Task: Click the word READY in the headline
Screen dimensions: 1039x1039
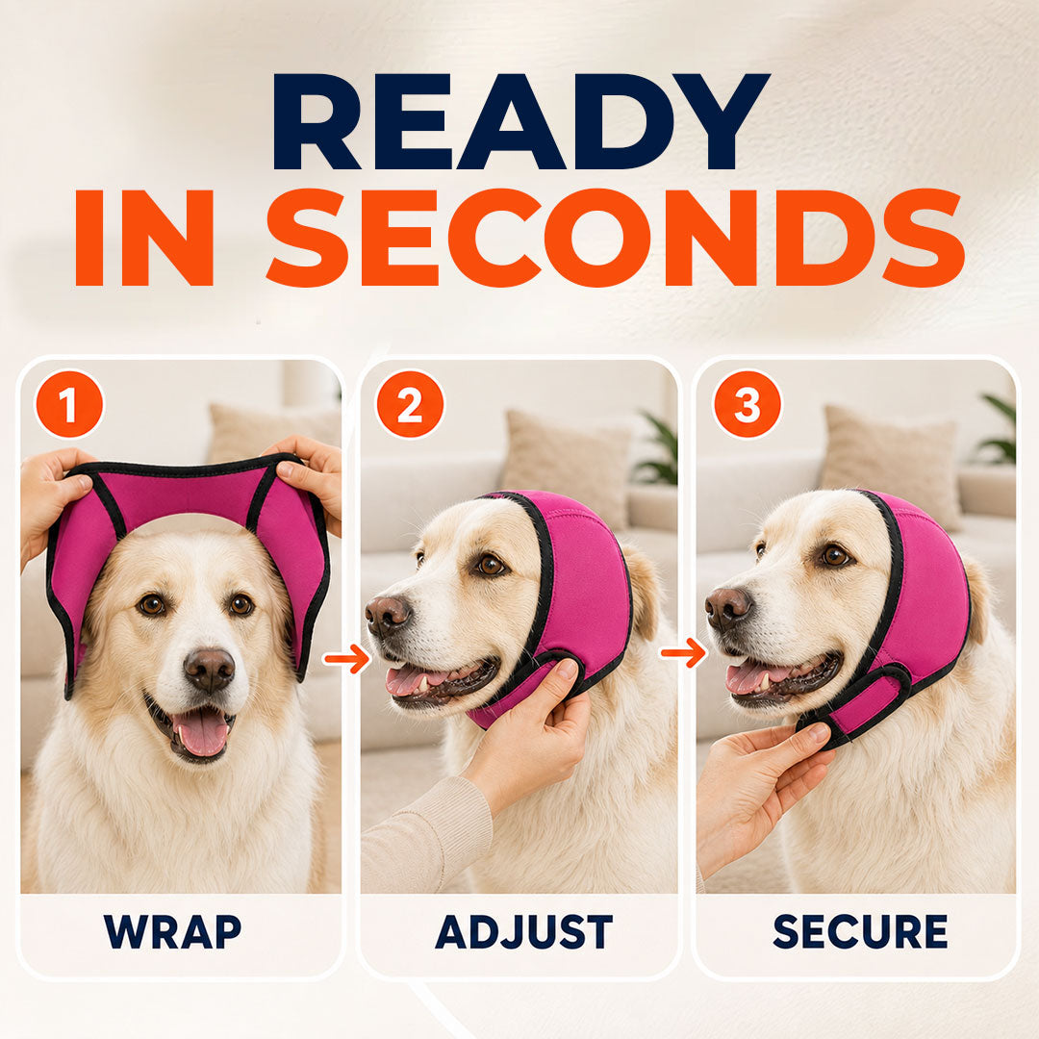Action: tap(520, 121)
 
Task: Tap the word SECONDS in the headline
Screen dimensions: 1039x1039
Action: tap(615, 238)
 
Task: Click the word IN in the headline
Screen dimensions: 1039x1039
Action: tap(144, 238)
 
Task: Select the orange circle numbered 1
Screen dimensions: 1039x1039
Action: tap(69, 403)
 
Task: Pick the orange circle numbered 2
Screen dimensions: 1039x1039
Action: tap(410, 403)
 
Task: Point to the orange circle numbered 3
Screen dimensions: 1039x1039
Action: tap(747, 403)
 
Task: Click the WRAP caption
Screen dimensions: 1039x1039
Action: tap(172, 931)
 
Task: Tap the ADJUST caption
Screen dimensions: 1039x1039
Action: tap(523, 931)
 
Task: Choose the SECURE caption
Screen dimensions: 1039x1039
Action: tap(860, 931)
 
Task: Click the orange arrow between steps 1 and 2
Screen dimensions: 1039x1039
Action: tap(346, 659)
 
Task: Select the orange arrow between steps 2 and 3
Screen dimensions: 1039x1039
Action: tap(683, 653)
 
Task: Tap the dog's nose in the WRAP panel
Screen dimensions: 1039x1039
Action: tap(209, 670)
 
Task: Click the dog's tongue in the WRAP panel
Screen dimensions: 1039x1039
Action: tap(200, 732)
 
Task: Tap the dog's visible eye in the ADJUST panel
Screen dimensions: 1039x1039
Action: tap(491, 565)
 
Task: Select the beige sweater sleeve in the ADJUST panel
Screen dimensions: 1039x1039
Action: tap(425, 836)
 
